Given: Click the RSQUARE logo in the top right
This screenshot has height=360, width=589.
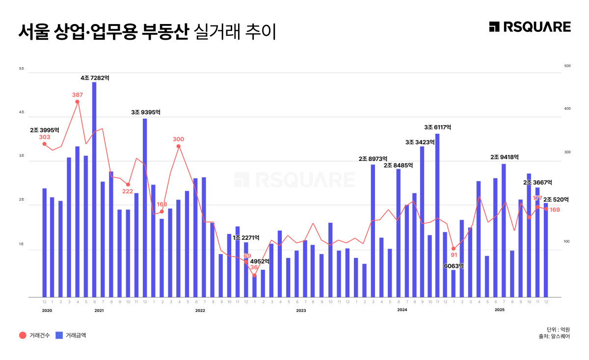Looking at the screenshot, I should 530,27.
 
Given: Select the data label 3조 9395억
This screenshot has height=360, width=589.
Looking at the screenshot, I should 146,112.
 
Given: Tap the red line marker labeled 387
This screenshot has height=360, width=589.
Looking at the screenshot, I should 77,102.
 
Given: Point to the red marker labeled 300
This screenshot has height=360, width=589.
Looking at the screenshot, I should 178,146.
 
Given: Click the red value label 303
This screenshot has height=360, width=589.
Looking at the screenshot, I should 44,137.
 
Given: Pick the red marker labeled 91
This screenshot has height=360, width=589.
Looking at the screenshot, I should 453,249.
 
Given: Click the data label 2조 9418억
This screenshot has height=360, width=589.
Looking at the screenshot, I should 505,157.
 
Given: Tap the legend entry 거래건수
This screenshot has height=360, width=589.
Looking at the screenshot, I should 34,335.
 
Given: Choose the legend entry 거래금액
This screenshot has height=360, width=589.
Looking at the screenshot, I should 71,335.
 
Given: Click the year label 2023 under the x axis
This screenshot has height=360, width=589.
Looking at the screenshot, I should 301,310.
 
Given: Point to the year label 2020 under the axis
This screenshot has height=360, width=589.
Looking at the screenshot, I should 47,310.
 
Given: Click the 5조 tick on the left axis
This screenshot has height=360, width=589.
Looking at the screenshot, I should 22,68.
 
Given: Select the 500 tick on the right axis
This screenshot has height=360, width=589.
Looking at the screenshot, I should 567,66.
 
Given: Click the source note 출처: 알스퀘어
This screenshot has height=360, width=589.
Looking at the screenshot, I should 554,336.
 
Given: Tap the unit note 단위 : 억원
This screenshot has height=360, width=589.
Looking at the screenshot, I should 558,329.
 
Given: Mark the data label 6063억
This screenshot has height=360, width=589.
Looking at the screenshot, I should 454,266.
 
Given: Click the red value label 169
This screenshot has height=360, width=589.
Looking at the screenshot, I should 555,210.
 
